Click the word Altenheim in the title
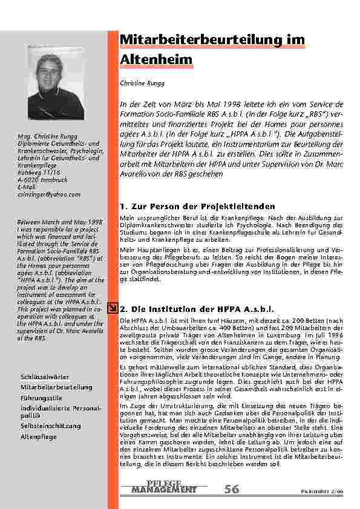157,59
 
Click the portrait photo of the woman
48,84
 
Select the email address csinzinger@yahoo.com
49,194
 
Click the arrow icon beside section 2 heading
113,308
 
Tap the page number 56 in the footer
231,488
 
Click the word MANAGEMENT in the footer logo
164,488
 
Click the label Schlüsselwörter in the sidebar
45,377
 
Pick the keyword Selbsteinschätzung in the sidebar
51,426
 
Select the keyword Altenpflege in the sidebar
39,436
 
